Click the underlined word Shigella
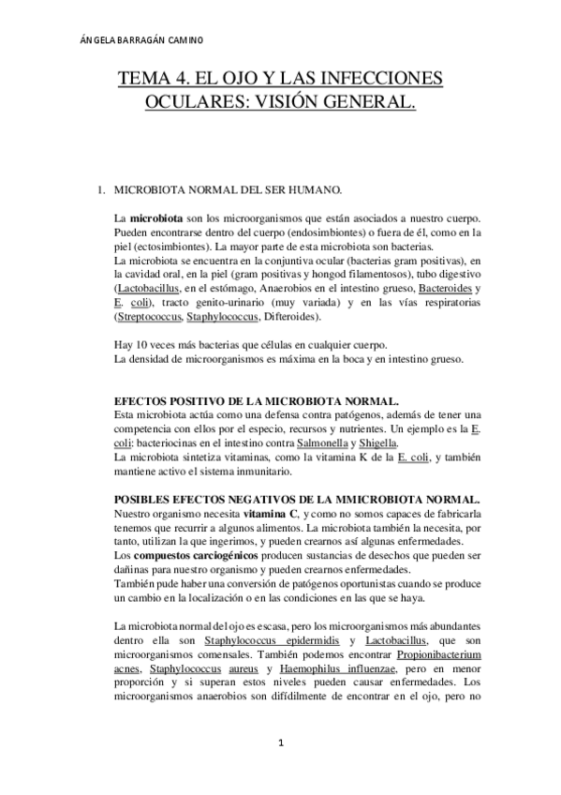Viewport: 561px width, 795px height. point(376,442)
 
